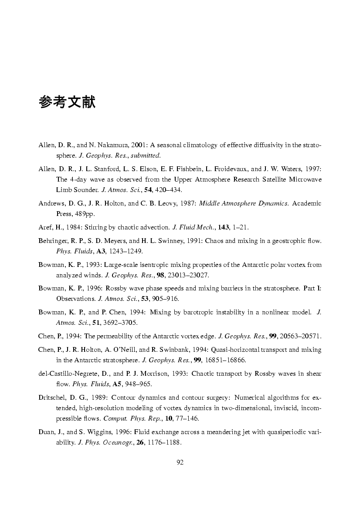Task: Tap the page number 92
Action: (x=180, y=462)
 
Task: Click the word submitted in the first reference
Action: (x=148, y=155)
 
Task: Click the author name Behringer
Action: (x=53, y=240)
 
